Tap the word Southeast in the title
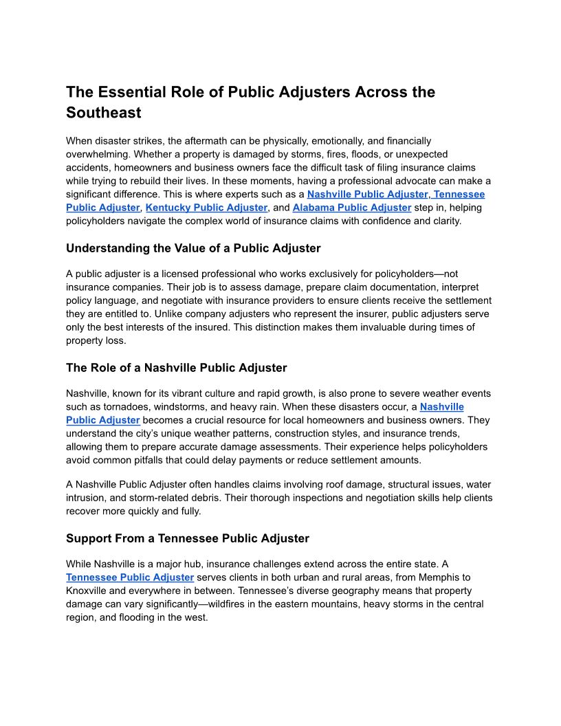point(104,113)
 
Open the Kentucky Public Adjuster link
point(206,207)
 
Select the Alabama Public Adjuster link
point(351,207)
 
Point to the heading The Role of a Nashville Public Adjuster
point(176,368)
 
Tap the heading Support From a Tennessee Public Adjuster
point(188,538)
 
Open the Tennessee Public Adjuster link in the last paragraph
point(130,577)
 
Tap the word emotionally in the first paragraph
point(336,141)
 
